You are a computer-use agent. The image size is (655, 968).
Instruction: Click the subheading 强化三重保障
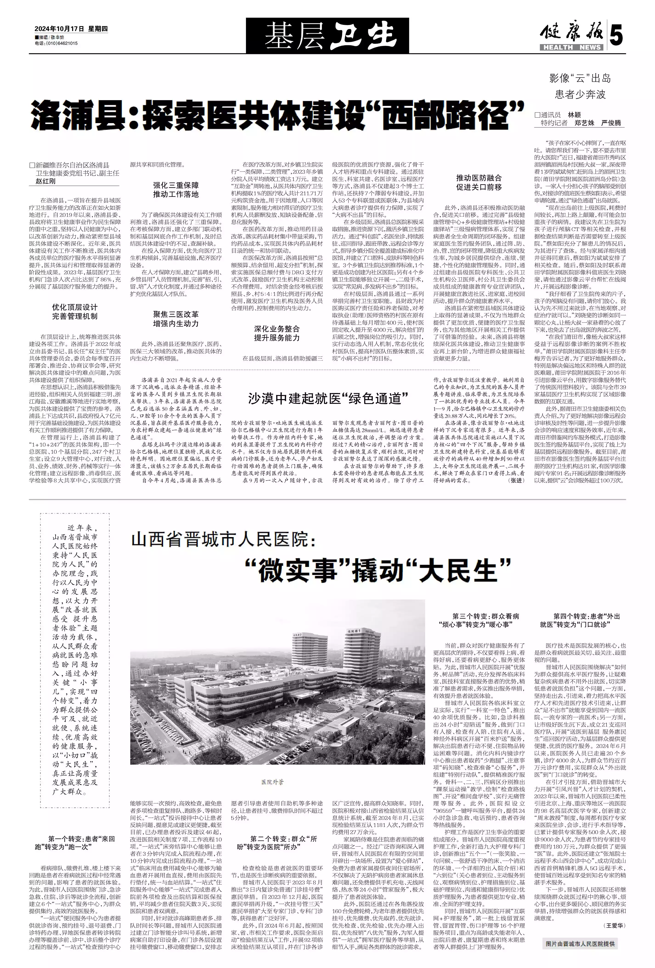(x=176, y=185)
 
